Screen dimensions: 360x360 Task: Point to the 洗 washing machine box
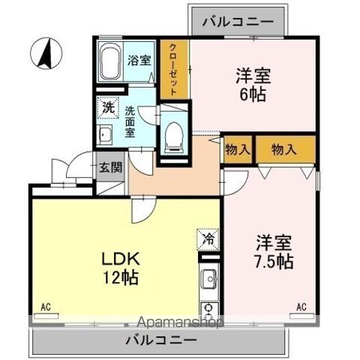109,106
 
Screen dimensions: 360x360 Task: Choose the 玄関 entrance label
110,166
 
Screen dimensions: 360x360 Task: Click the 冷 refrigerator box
207,239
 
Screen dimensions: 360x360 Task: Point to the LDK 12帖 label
121,266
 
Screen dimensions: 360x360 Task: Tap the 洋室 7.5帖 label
274,252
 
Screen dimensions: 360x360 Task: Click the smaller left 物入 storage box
238,149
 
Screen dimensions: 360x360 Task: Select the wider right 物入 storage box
284,149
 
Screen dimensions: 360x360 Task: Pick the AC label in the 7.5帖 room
301,307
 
